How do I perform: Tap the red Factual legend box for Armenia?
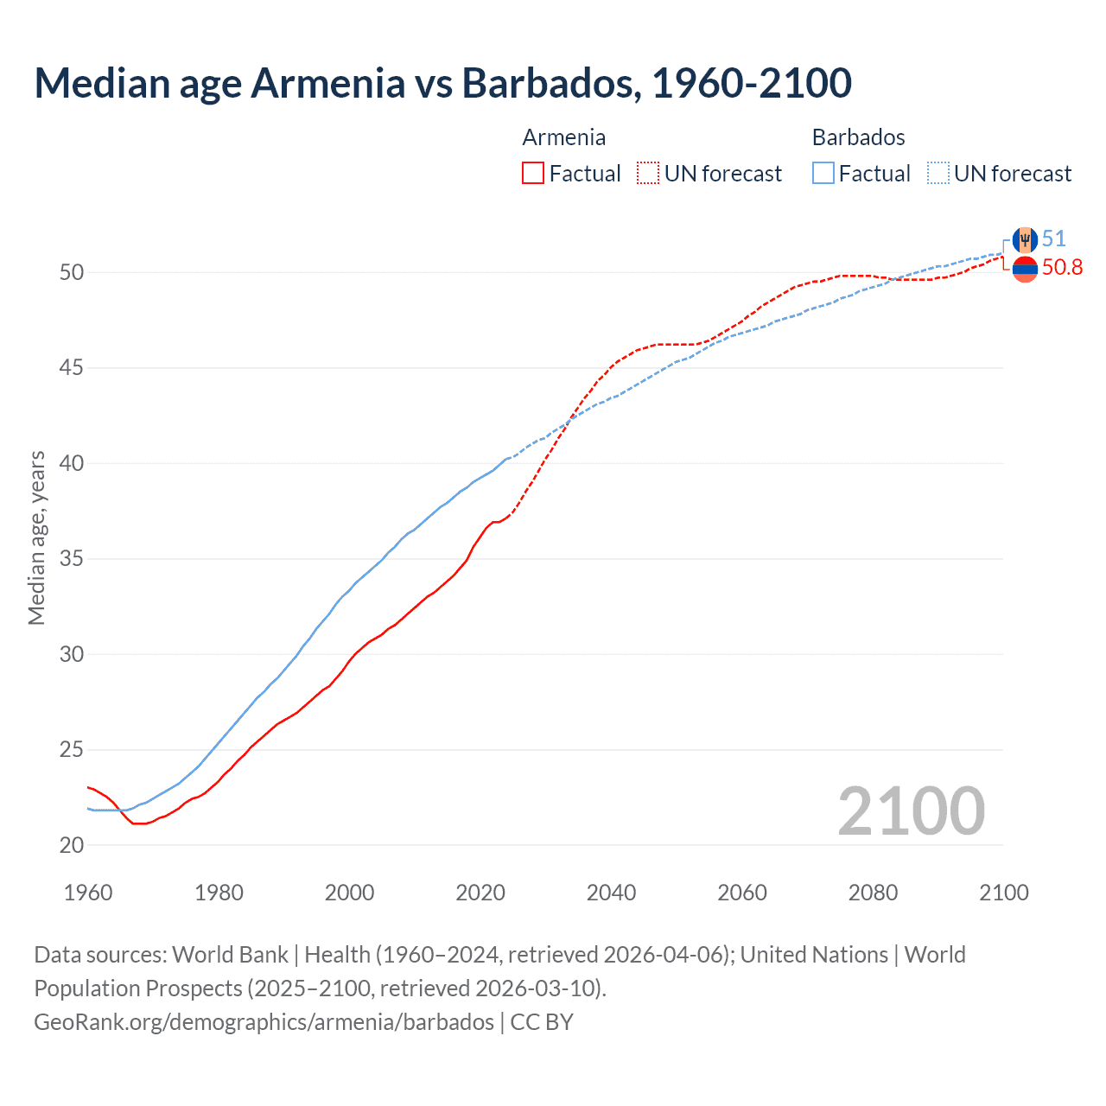(533, 174)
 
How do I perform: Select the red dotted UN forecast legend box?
(647, 174)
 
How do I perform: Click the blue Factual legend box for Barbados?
(823, 174)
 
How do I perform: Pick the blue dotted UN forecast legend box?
(938, 174)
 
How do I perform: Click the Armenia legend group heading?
(563, 137)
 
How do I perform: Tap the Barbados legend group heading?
(858, 137)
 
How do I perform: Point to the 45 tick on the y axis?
(72, 368)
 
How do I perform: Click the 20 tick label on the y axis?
(72, 845)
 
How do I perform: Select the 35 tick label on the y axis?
(72, 559)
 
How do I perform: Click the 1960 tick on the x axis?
(88, 893)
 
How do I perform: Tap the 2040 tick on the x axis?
(611, 893)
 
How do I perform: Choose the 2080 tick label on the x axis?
(873, 893)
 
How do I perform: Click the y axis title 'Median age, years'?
(36, 537)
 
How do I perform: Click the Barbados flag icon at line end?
(1025, 240)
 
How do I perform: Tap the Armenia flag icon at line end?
(1025, 269)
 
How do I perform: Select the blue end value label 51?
(1053, 239)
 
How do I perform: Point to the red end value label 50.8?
(1062, 268)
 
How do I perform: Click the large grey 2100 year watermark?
(911, 811)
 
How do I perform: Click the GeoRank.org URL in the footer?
(264, 1022)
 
